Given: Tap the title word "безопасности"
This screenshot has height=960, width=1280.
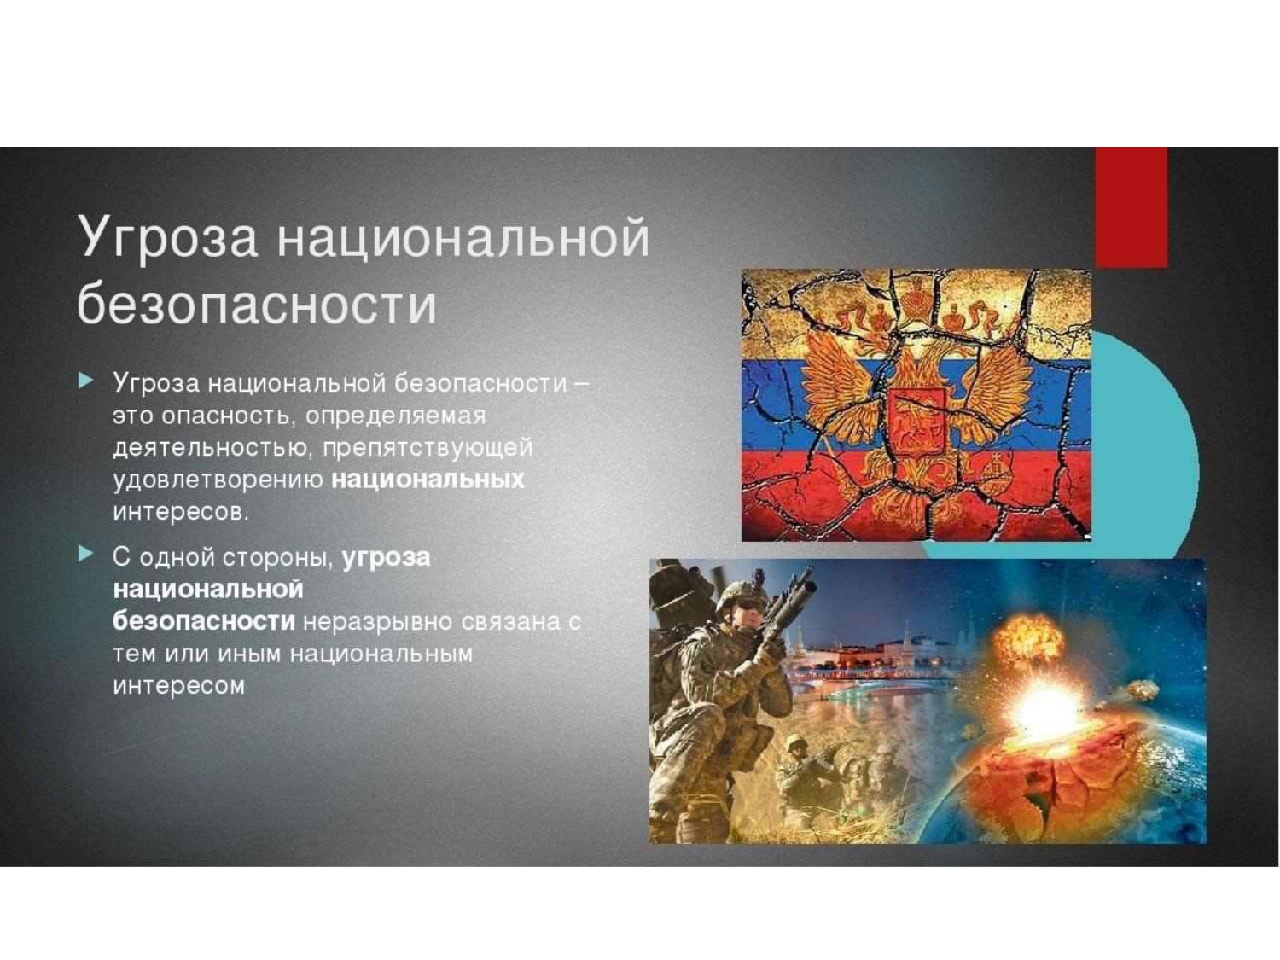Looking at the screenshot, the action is click(x=257, y=304).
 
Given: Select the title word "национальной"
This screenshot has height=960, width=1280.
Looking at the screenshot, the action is click(x=463, y=236).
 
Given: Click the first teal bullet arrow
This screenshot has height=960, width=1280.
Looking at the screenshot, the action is click(x=85, y=381).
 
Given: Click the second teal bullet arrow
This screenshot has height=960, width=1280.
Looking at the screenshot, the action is click(x=85, y=555).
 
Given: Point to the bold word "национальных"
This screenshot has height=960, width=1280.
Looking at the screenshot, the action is click(x=428, y=480).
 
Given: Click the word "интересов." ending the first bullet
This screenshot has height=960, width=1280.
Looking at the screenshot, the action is click(x=181, y=512).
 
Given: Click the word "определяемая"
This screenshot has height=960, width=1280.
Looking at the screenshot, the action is click(x=395, y=416).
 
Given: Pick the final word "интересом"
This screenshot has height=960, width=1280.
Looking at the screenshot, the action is click(x=179, y=685).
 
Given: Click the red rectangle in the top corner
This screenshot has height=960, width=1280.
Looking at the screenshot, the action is click(x=1131, y=207).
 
